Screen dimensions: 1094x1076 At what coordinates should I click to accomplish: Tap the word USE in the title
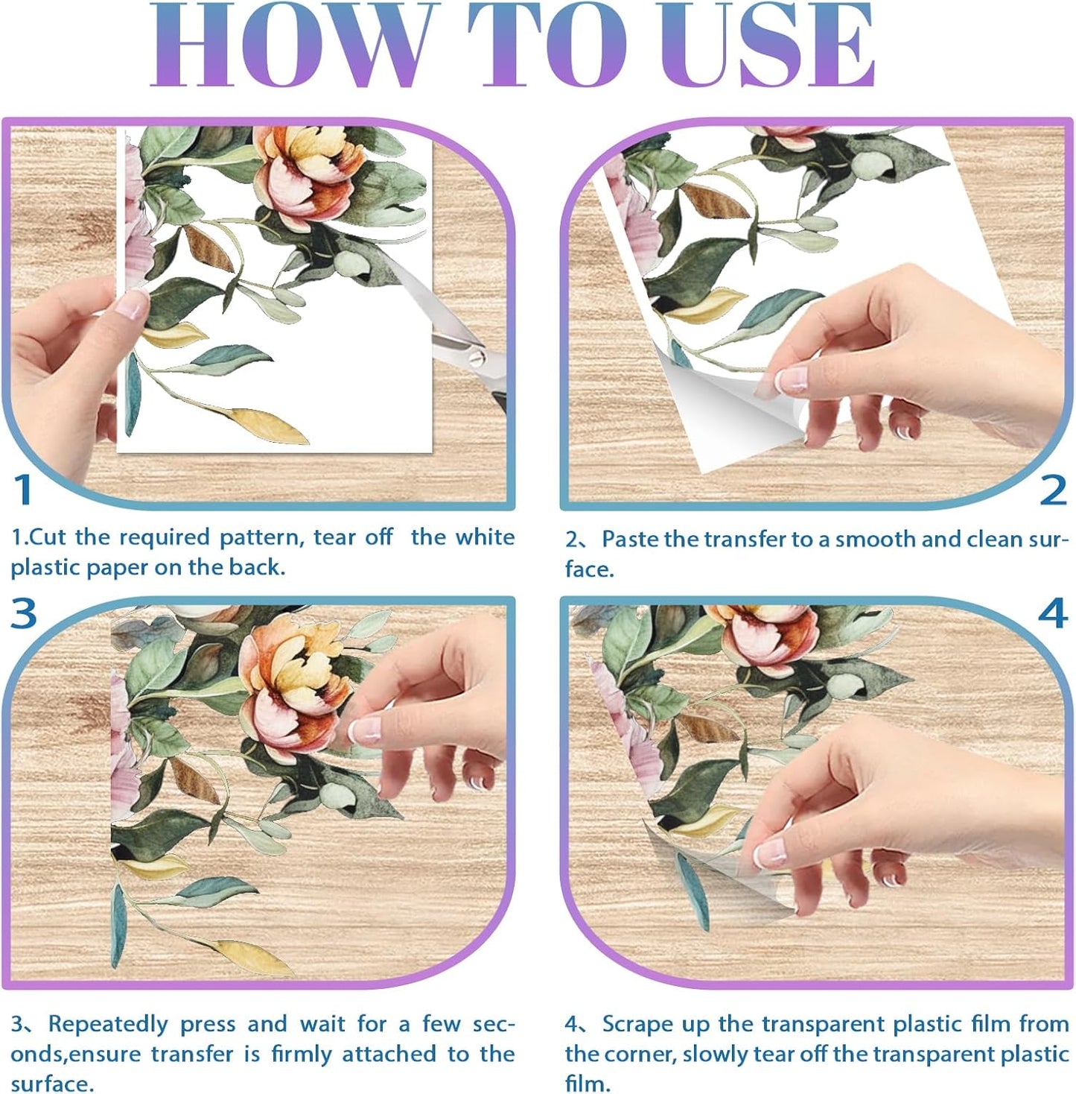[x=767, y=46]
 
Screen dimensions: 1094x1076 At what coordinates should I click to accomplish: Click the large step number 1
[x=24, y=490]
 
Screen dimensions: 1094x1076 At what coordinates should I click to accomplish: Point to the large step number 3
[x=24, y=613]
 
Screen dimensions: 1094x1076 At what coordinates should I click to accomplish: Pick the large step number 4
[x=1053, y=613]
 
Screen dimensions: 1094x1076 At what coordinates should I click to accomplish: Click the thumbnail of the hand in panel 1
[x=133, y=304]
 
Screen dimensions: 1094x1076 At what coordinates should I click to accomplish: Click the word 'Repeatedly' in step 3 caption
[x=109, y=1024]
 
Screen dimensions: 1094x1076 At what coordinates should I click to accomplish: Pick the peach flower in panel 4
[x=767, y=633]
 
